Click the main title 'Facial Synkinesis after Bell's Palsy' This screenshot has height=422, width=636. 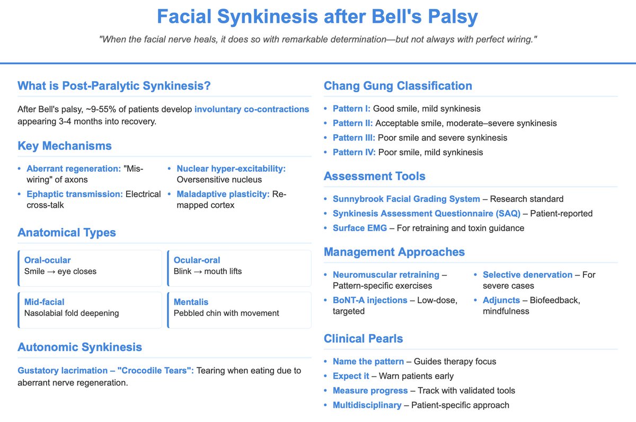317,17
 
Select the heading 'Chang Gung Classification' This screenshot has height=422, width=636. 397,86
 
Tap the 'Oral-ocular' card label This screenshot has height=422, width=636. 48,260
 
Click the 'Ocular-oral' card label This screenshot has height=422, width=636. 197,260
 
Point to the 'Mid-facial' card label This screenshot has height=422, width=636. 45,302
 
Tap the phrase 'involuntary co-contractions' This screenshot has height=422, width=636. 252,110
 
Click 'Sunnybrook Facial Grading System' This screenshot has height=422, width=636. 407,199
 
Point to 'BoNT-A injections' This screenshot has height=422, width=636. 370,300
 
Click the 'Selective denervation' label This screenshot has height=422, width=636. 527,275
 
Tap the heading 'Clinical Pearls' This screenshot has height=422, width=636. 363,338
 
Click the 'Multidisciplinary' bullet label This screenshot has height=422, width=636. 367,405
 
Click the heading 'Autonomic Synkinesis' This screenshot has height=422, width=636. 79,347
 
